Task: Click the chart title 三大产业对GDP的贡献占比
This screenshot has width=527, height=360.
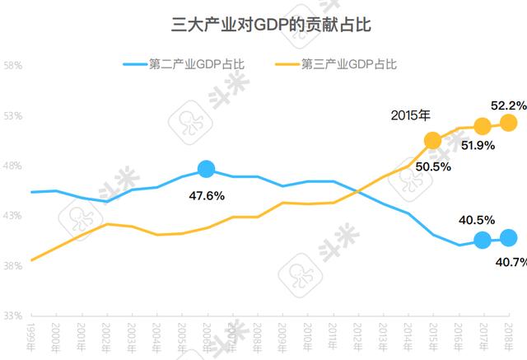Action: (263, 24)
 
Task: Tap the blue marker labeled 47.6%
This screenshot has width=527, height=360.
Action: (207, 169)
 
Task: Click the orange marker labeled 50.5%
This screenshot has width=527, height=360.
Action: (433, 140)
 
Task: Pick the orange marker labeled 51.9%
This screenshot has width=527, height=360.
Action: (483, 126)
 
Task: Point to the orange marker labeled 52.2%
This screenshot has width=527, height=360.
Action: (508, 123)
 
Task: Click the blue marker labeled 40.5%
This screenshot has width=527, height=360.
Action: (483, 240)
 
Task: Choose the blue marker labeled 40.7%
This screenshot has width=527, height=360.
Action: (508, 238)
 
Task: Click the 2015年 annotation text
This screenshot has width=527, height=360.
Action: (411, 116)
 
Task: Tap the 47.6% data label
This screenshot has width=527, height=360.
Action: (207, 196)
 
